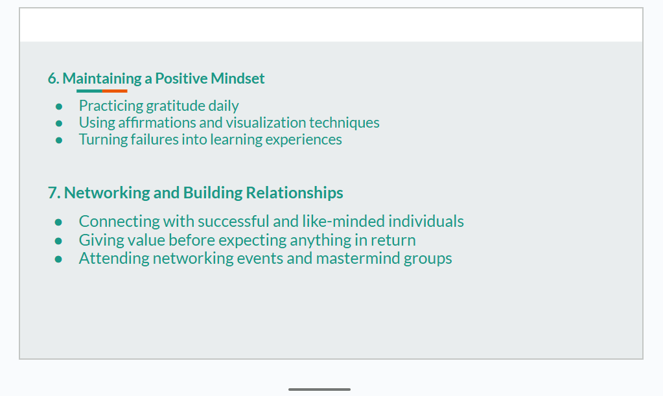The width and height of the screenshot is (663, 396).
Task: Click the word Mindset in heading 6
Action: point(238,78)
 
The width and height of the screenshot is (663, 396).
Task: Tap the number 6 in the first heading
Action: point(52,78)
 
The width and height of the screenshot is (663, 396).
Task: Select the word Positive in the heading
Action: point(181,78)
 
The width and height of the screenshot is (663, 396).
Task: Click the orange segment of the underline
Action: point(115,91)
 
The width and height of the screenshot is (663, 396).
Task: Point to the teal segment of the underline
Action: point(89,91)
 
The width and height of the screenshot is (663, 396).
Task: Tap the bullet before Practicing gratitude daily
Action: point(59,106)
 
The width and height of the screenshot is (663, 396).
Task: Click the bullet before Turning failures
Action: point(59,140)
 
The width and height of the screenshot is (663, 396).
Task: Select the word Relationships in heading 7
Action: point(294,192)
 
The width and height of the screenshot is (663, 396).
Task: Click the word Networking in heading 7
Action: point(107,192)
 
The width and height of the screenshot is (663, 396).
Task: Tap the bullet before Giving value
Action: point(58,241)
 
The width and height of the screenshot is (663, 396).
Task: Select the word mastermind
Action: point(358,258)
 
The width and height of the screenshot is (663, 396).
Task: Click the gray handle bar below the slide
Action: point(320,390)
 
